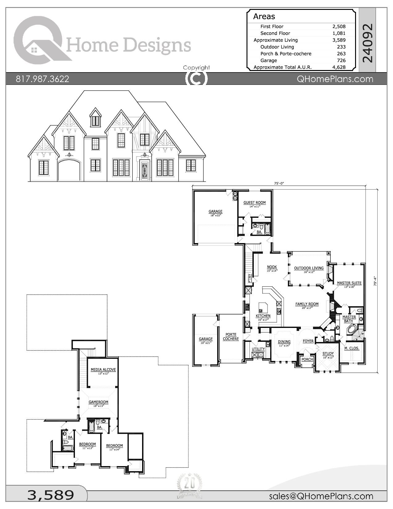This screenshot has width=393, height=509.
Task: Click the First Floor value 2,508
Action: click(x=339, y=27)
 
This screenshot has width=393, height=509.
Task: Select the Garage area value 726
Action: click(x=341, y=60)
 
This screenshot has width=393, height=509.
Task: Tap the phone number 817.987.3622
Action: click(x=43, y=79)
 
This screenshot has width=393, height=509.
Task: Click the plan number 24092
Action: click(x=367, y=43)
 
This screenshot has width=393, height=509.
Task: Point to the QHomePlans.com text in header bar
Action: click(x=335, y=79)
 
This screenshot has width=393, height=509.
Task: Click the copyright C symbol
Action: click(x=196, y=79)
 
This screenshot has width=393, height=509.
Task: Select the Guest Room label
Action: click(x=254, y=203)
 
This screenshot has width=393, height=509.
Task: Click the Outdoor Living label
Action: click(x=309, y=268)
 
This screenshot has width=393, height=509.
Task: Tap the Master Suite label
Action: click(x=349, y=283)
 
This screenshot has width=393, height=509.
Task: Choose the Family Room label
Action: click(x=307, y=304)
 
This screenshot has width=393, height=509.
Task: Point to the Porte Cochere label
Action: click(x=231, y=337)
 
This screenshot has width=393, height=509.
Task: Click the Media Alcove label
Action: click(x=103, y=370)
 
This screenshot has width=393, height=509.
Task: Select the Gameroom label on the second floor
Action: click(x=98, y=402)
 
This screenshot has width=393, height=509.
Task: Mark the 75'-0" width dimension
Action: click(x=279, y=183)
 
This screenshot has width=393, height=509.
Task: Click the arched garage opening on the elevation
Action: click(x=69, y=171)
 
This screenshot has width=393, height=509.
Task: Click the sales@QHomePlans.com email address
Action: click(x=321, y=496)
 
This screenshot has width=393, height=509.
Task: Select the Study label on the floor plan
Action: click(x=328, y=354)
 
